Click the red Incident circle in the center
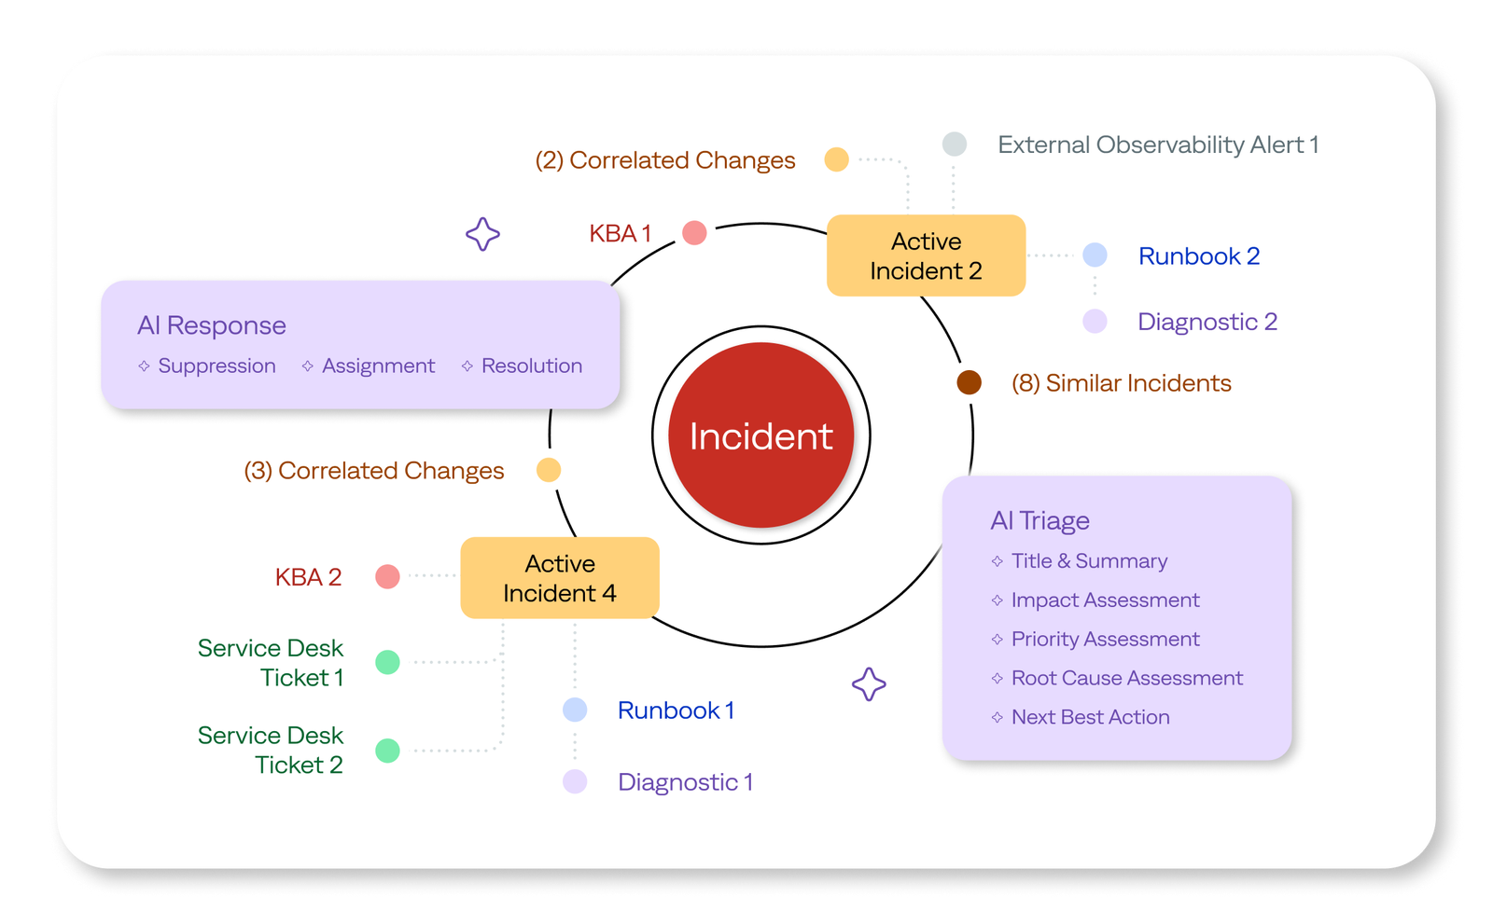point(760,435)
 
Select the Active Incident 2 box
point(926,255)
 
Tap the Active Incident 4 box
point(560,578)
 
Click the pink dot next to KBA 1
point(694,233)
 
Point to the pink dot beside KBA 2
point(387,577)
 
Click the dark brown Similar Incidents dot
point(969,382)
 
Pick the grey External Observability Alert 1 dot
point(954,145)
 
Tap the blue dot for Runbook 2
point(1095,255)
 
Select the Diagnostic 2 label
point(1207,322)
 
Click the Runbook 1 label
point(676,710)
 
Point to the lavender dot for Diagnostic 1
point(575,781)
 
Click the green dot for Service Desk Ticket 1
point(387,662)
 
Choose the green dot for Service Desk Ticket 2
point(387,751)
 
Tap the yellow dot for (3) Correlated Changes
point(549,470)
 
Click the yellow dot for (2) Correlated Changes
point(836,159)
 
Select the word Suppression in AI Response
point(216,365)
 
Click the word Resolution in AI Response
point(531,365)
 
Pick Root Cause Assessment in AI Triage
point(1126,678)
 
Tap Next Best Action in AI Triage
point(1090,717)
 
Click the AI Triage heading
point(1040,520)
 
